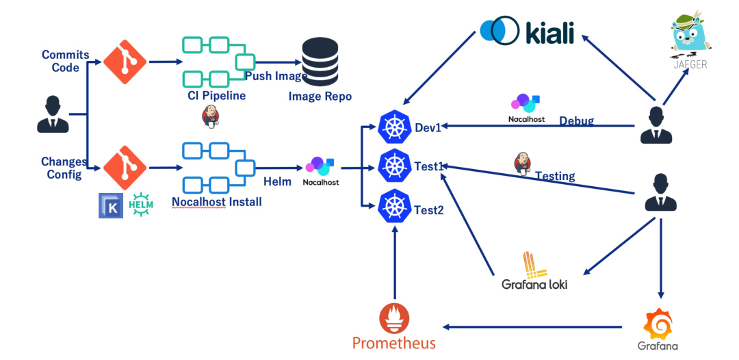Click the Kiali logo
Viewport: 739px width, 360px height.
[526, 31]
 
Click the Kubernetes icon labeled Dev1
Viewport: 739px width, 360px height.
[394, 127]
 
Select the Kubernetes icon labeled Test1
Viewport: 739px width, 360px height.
[394, 166]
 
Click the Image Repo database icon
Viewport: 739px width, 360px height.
[320, 62]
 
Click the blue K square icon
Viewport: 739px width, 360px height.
[111, 205]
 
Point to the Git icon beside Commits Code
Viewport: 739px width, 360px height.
[125, 62]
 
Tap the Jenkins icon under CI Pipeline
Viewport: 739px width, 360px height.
[211, 117]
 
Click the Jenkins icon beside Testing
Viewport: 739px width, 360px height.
[523, 164]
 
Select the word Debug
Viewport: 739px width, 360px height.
[576, 121]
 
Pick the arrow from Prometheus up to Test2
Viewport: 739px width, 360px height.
[394, 263]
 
